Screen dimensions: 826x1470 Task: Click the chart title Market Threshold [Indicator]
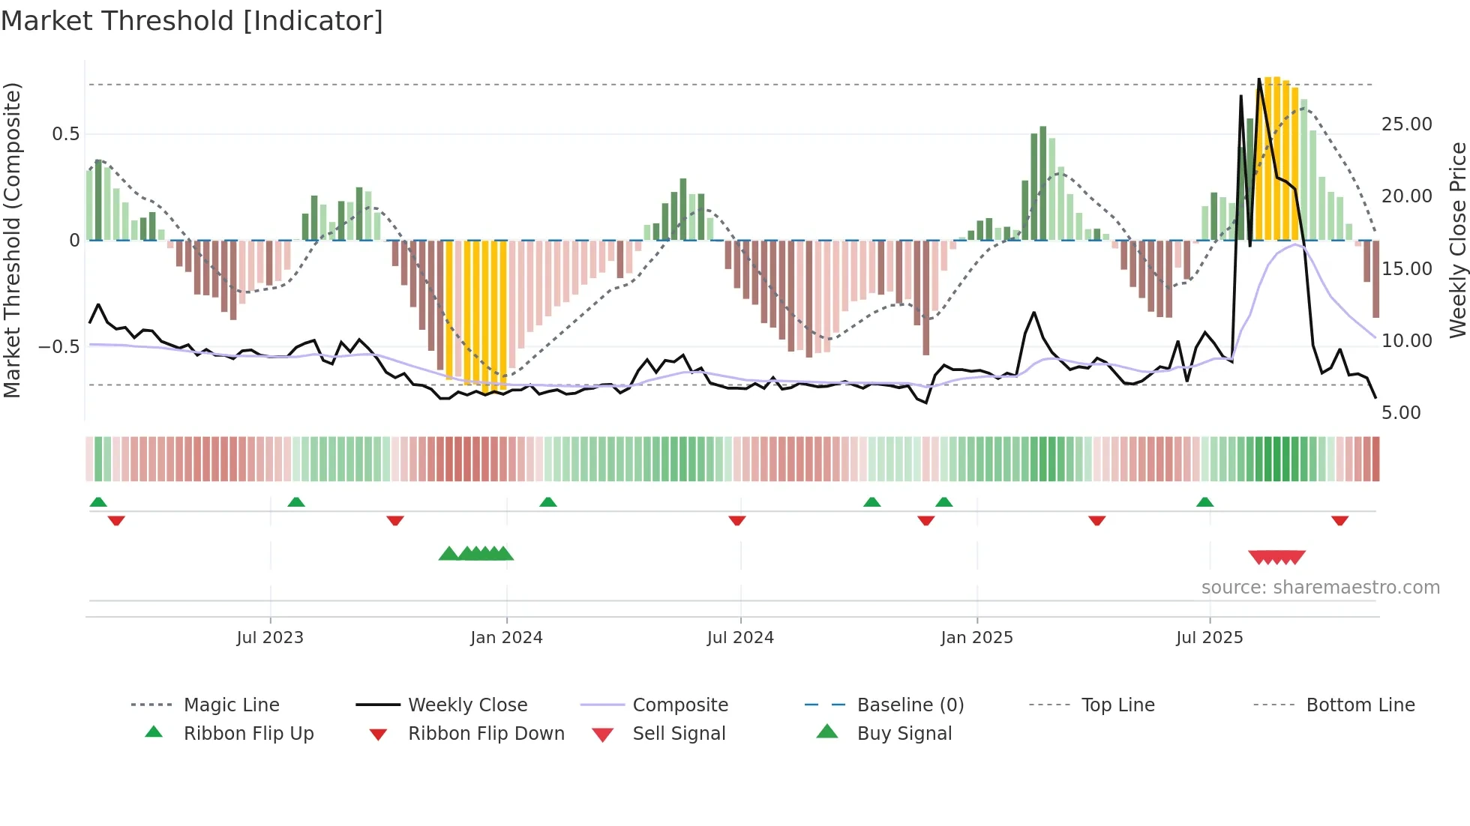[192, 21]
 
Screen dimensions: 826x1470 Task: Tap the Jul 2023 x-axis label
[270, 638]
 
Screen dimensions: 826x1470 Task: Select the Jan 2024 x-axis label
[506, 638]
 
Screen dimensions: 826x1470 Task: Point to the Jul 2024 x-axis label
[740, 638]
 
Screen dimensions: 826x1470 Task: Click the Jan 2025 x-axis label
[976, 638]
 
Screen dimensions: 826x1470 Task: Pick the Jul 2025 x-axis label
[1209, 638]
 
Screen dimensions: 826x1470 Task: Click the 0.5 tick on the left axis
[66, 134]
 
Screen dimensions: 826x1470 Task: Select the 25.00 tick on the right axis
[1406, 124]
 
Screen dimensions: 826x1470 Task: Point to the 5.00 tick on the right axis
[1400, 413]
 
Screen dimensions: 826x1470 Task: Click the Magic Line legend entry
[231, 705]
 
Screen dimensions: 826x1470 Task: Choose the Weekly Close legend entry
[467, 705]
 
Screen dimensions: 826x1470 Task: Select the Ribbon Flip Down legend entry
[485, 734]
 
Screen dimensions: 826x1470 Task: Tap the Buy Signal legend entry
[904, 734]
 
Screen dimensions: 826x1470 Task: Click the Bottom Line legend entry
[1360, 705]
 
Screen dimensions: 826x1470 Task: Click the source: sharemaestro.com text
[1320, 588]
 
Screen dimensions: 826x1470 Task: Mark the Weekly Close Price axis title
[1457, 240]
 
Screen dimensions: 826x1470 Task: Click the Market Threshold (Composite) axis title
[12, 240]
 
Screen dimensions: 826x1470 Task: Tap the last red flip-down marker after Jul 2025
[1339, 520]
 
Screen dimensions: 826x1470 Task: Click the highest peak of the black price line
[1259, 79]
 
